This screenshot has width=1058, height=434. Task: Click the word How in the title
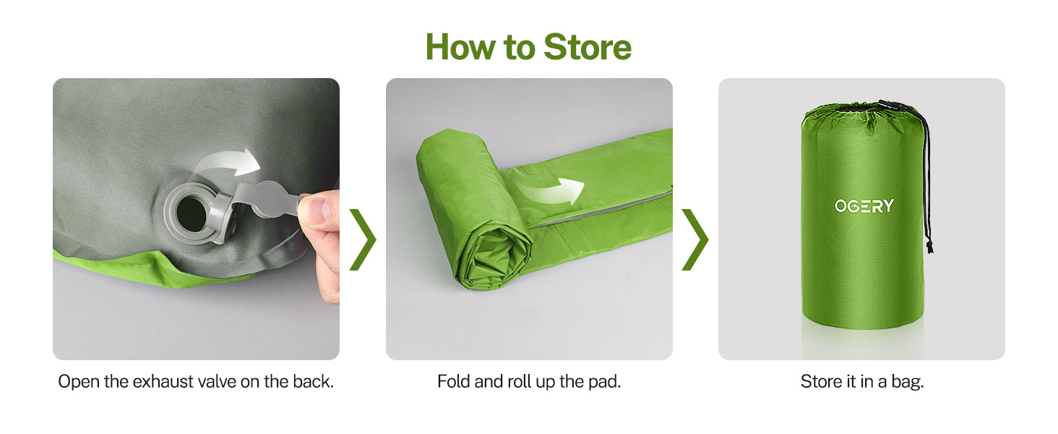coord(460,47)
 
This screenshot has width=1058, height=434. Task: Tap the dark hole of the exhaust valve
coord(192,215)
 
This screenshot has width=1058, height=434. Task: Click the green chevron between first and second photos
coord(363,239)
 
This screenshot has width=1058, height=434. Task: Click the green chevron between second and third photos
coord(695,239)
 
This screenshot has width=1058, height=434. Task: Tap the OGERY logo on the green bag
coord(864,205)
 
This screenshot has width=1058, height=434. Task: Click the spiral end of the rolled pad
coord(494,258)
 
